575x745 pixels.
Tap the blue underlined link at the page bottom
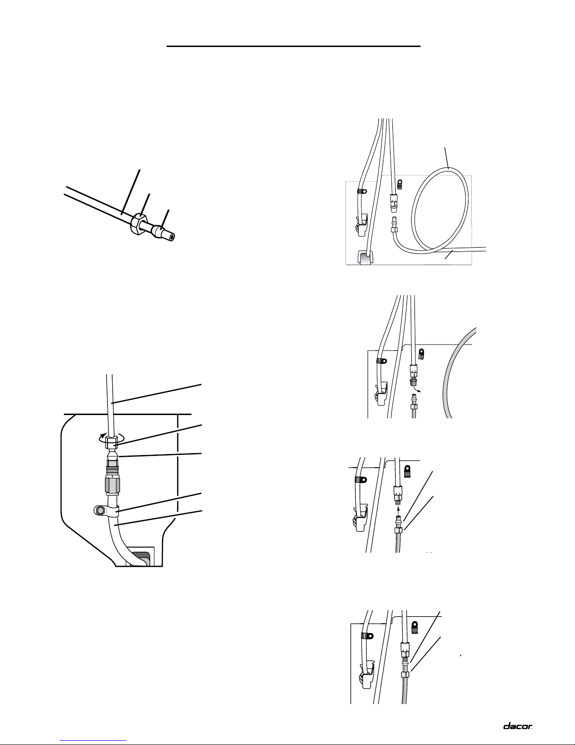pos(93,739)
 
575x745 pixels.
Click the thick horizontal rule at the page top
pos(293,46)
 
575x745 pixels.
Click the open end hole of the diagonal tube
pos(173,236)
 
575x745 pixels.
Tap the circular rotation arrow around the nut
pos(111,437)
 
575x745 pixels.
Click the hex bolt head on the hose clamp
pos(100,510)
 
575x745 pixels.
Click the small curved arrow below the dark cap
pos(416,389)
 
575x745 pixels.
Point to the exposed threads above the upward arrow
pos(399,502)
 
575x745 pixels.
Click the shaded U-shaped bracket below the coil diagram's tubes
pos(366,257)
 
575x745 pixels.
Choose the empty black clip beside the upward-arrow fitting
pos(407,471)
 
